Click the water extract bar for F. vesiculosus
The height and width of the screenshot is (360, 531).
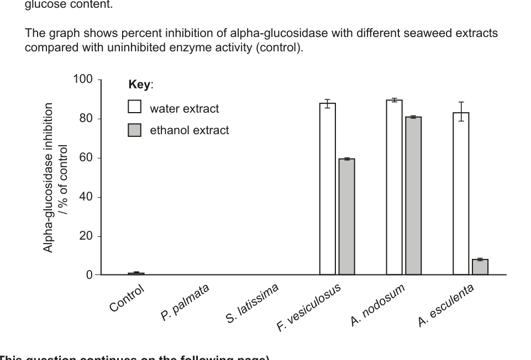coord(327,189)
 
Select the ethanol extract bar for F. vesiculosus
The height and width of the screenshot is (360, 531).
coord(346,216)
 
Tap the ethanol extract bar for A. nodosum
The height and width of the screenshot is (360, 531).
coord(413,195)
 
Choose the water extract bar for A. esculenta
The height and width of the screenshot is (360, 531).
coord(461,193)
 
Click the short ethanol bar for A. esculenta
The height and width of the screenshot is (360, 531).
coord(480,267)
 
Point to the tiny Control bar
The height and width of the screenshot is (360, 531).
coord(136,273)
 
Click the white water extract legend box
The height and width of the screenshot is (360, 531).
coord(134,107)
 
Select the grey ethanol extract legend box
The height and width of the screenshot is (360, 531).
coord(134,130)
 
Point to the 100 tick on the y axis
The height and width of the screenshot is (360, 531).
coord(83,80)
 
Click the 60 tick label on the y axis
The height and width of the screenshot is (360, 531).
coord(86,158)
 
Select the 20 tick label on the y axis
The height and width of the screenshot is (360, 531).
coord(86,236)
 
